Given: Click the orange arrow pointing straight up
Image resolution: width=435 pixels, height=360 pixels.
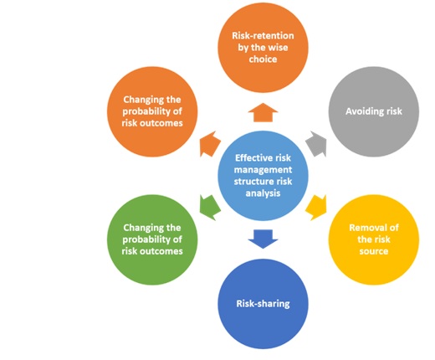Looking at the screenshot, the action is coord(263,112).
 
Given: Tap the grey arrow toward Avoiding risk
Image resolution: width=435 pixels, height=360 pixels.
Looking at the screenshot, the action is coord(317,144).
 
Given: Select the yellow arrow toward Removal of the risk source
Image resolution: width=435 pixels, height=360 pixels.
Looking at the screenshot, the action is coord(317,208).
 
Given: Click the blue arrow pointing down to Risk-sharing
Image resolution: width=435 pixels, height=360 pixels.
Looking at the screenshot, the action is coord(263,239).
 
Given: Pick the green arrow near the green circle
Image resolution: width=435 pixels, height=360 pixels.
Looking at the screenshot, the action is coord(209,208).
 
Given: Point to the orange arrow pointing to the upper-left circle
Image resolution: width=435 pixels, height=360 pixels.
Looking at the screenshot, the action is coord(209,144).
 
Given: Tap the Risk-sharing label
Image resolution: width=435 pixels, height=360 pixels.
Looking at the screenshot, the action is coord(263,304).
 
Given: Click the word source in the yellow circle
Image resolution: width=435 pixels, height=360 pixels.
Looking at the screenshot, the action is coord(374,251).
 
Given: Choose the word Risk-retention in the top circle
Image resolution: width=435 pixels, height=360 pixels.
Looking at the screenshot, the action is coord(263,36).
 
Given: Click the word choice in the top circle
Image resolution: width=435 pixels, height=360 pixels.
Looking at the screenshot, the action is coord(263,59).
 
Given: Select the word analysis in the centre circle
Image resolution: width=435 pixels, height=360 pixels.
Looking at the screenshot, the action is coord(263,193).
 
